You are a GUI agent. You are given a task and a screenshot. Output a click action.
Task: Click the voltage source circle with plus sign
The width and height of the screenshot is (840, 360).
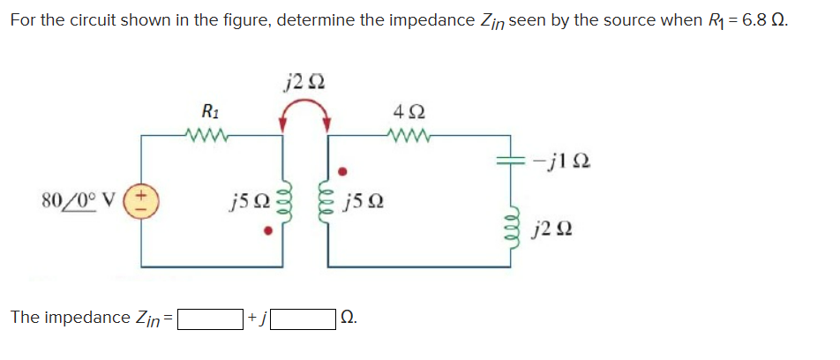[x=141, y=198]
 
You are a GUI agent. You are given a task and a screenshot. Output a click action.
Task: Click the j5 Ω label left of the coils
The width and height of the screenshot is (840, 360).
[x=244, y=201]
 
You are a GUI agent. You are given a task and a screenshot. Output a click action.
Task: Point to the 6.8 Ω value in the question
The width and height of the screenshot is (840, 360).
[x=761, y=19]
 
